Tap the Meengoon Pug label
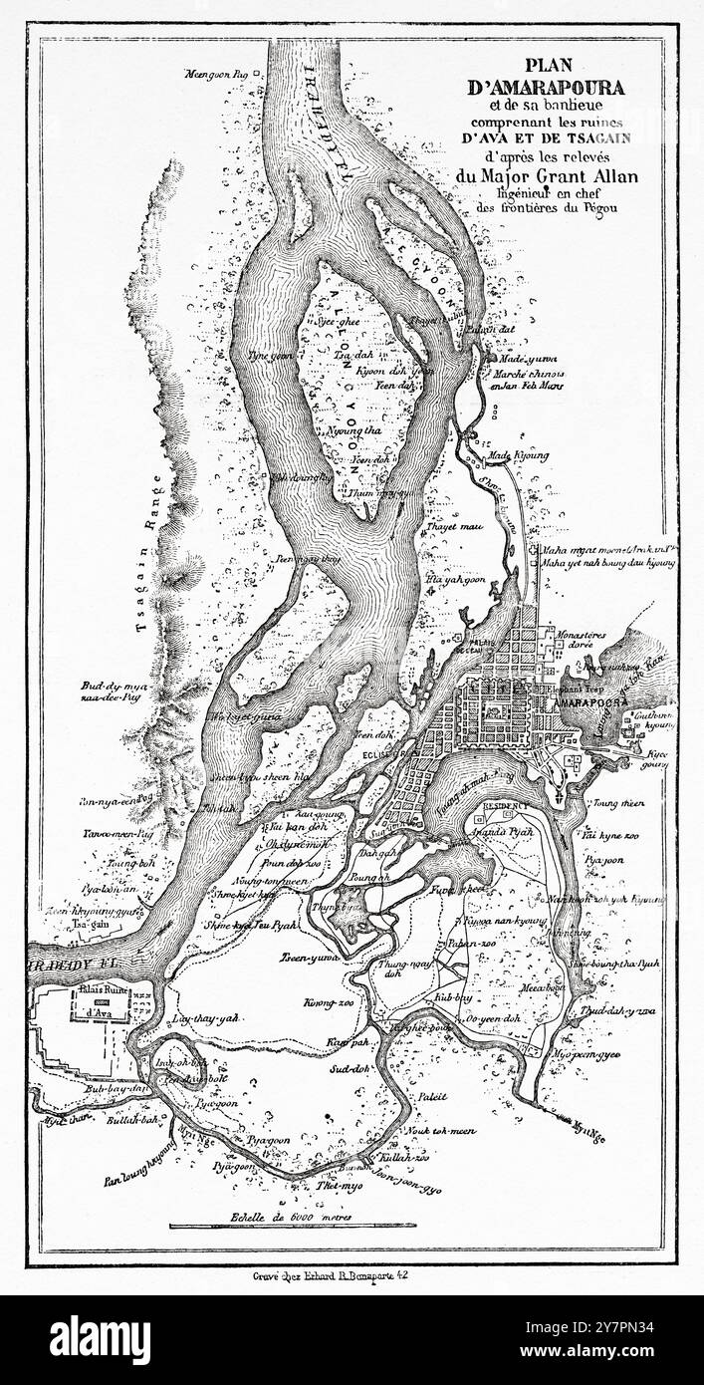pos(213,75)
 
